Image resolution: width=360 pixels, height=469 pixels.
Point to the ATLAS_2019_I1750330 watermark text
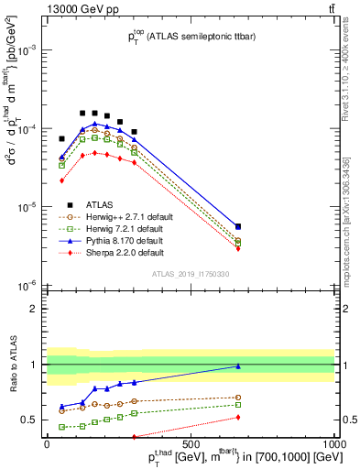[189, 274]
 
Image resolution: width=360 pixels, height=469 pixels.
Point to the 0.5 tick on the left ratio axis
[32, 420]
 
